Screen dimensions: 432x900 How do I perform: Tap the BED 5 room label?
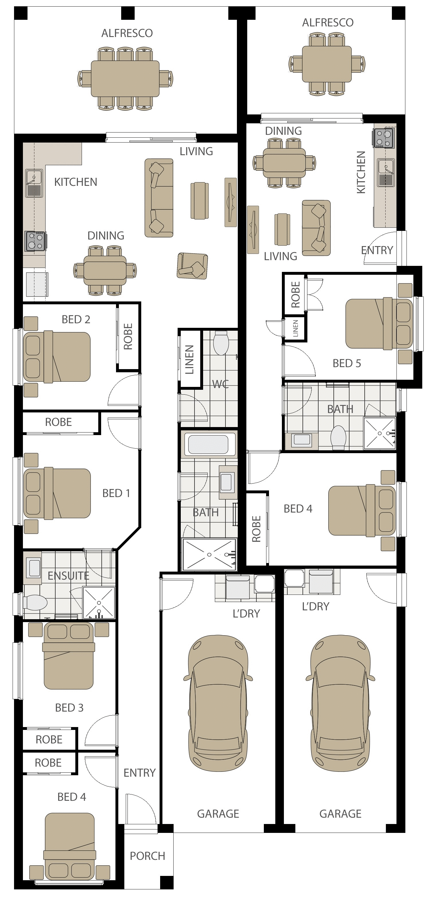click(x=347, y=363)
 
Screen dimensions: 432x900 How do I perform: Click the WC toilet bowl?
click(x=221, y=343)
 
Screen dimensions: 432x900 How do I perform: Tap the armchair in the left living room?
click(x=192, y=266)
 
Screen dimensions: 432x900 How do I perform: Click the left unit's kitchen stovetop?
click(x=35, y=241)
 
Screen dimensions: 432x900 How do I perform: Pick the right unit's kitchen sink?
click(x=386, y=173)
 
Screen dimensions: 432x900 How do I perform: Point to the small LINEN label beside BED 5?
click(x=296, y=328)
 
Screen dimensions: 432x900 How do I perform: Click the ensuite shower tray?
click(x=99, y=603)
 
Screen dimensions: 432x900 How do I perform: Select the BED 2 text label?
click(x=76, y=319)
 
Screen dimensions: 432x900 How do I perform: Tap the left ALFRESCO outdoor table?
click(x=125, y=79)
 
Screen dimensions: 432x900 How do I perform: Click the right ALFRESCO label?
click(x=328, y=23)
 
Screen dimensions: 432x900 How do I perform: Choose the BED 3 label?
click(x=69, y=708)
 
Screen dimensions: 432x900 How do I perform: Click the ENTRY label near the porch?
click(x=140, y=772)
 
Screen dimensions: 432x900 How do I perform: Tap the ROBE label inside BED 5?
click(x=296, y=295)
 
